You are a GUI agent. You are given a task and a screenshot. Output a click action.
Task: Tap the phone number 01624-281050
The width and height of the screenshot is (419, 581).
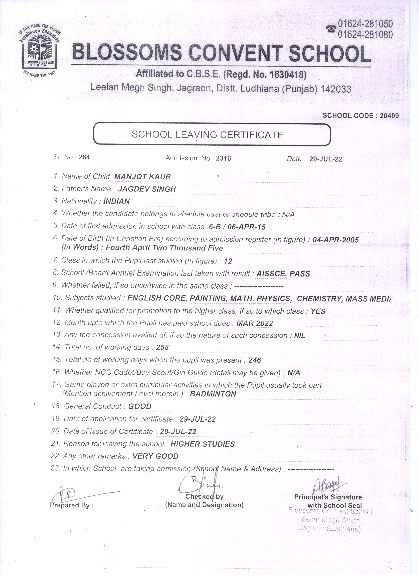click(x=365, y=24)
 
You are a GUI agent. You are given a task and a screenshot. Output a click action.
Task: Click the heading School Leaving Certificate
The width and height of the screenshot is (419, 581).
click(x=207, y=135)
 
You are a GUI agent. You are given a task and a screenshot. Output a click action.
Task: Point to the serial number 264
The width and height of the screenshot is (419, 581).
click(x=84, y=157)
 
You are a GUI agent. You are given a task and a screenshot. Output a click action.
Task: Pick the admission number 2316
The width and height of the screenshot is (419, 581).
click(x=223, y=158)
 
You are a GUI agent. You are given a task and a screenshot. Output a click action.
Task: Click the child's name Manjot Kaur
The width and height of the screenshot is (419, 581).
click(x=143, y=176)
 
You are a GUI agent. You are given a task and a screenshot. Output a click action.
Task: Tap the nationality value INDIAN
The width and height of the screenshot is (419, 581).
click(x=117, y=201)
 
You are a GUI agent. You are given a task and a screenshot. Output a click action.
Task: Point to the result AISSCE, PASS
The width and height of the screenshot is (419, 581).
click(x=283, y=274)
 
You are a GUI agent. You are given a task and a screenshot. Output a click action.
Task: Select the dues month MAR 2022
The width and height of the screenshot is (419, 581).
click(x=255, y=323)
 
